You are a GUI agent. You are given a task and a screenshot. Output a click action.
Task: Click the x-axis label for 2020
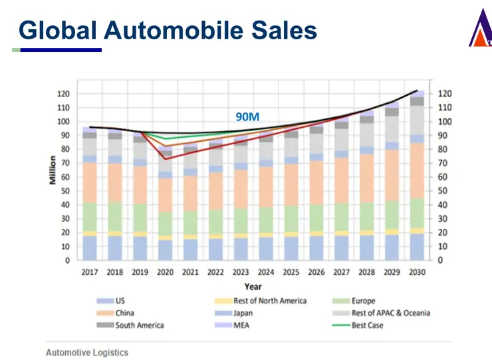click(x=165, y=273)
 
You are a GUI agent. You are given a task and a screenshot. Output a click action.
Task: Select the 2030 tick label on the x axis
click(x=417, y=273)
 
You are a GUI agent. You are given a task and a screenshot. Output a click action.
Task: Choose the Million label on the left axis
click(x=53, y=170)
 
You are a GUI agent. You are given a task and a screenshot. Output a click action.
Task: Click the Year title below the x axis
click(x=252, y=287)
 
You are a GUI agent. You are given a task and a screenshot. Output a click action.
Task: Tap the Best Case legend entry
click(x=367, y=325)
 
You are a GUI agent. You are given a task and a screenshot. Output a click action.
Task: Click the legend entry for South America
click(x=139, y=325)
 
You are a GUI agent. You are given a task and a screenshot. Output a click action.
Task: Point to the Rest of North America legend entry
click(x=269, y=301)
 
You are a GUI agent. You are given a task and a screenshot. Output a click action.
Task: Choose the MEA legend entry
click(x=241, y=325)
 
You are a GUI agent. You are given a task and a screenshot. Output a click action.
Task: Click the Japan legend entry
click(x=243, y=313)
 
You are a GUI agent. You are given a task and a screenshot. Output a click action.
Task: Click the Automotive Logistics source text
click(x=87, y=352)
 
